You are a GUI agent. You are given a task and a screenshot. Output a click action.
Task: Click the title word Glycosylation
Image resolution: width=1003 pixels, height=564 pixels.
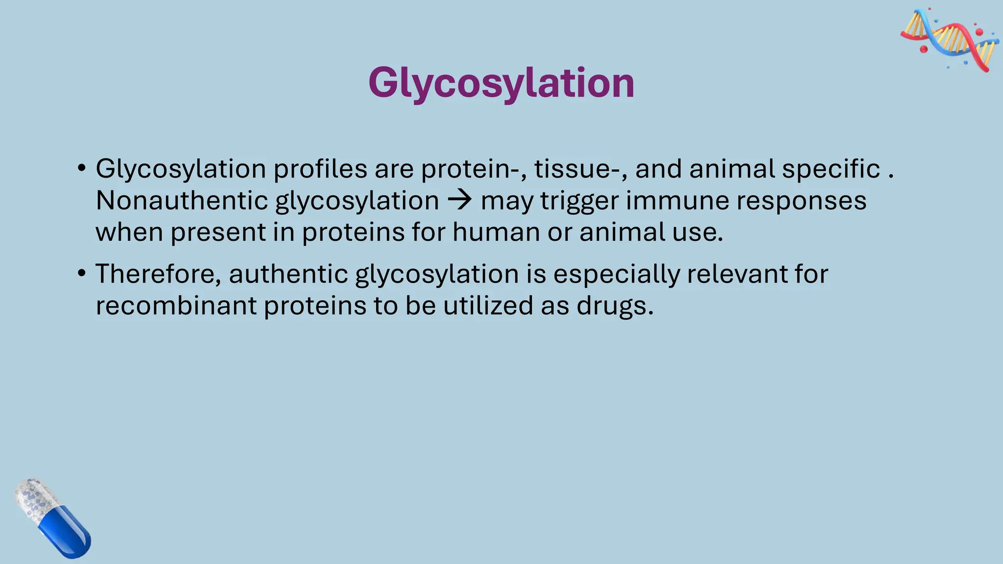click(x=501, y=83)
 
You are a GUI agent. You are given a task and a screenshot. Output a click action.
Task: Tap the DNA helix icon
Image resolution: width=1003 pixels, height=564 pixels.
click(x=950, y=40)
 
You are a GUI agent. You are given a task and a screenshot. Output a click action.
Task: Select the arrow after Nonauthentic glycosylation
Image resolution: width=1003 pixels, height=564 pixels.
click(x=460, y=200)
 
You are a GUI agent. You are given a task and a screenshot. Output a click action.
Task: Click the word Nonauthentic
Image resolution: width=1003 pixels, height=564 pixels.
click(x=182, y=200)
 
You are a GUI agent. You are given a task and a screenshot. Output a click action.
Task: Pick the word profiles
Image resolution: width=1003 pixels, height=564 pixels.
click(x=320, y=169)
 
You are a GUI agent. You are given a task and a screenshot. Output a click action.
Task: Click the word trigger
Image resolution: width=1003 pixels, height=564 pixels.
click(x=579, y=201)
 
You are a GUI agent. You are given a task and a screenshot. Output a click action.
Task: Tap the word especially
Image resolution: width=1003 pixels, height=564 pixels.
click(x=616, y=275)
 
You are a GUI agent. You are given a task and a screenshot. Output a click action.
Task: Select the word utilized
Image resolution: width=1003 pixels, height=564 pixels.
click(x=488, y=305)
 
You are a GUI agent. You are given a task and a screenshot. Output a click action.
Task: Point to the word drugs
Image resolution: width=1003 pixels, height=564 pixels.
click(x=615, y=306)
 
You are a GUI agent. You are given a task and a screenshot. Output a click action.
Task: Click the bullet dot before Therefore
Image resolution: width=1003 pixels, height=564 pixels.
click(x=81, y=274)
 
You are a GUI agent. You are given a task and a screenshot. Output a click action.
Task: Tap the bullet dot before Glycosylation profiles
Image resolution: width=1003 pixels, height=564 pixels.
click(x=81, y=169)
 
